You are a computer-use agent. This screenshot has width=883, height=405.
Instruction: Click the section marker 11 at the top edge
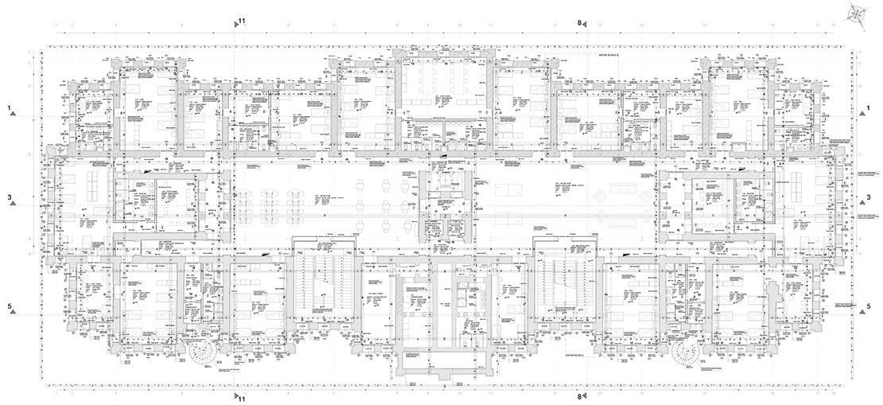(242, 22)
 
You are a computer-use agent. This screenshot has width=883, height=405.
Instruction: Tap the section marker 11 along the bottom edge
(242, 396)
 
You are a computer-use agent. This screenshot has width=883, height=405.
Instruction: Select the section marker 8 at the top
(580, 23)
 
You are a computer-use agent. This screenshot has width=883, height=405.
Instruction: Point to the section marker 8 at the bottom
(580, 395)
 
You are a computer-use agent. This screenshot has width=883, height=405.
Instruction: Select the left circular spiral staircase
(201, 351)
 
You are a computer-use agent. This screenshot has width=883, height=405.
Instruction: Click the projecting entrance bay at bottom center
(441, 362)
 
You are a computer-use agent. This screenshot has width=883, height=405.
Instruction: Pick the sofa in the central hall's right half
(620, 193)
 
